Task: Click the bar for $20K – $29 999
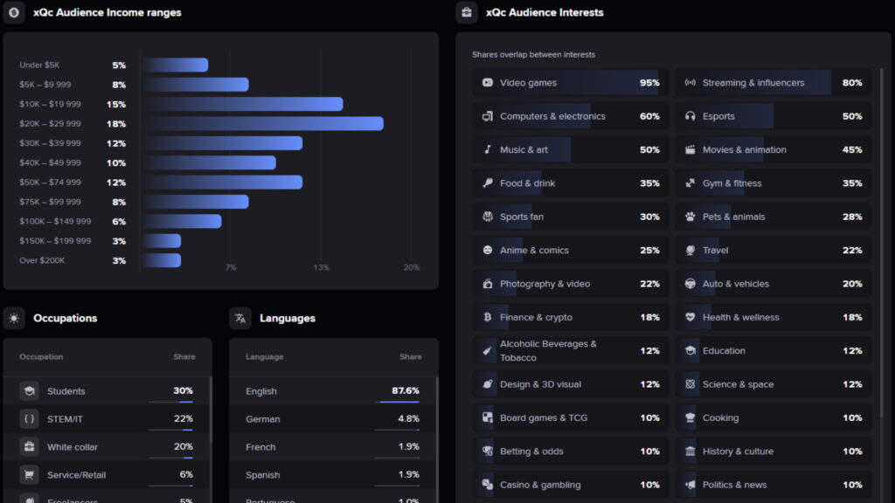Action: coord(263,124)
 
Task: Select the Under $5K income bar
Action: coord(176,65)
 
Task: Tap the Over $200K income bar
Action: coord(162,260)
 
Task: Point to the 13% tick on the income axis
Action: coord(321,267)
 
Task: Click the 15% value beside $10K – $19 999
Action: coord(116,105)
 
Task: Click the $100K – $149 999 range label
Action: coord(55,222)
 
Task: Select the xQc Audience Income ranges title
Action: coord(108,13)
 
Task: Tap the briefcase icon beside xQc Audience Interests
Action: coord(467,13)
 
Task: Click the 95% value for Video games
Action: coord(649,83)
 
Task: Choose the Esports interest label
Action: coord(718,116)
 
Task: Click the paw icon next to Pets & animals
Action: coord(690,217)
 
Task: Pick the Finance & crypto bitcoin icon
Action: coord(488,317)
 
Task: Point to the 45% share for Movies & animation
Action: coord(852,150)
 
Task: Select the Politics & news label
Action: coord(734,485)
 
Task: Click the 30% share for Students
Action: coord(183,391)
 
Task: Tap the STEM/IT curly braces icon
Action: coord(30,419)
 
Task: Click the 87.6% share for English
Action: coord(406,391)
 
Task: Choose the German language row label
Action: coord(263,419)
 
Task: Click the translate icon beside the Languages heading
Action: coord(240,319)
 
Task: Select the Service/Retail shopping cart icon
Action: coord(30,475)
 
